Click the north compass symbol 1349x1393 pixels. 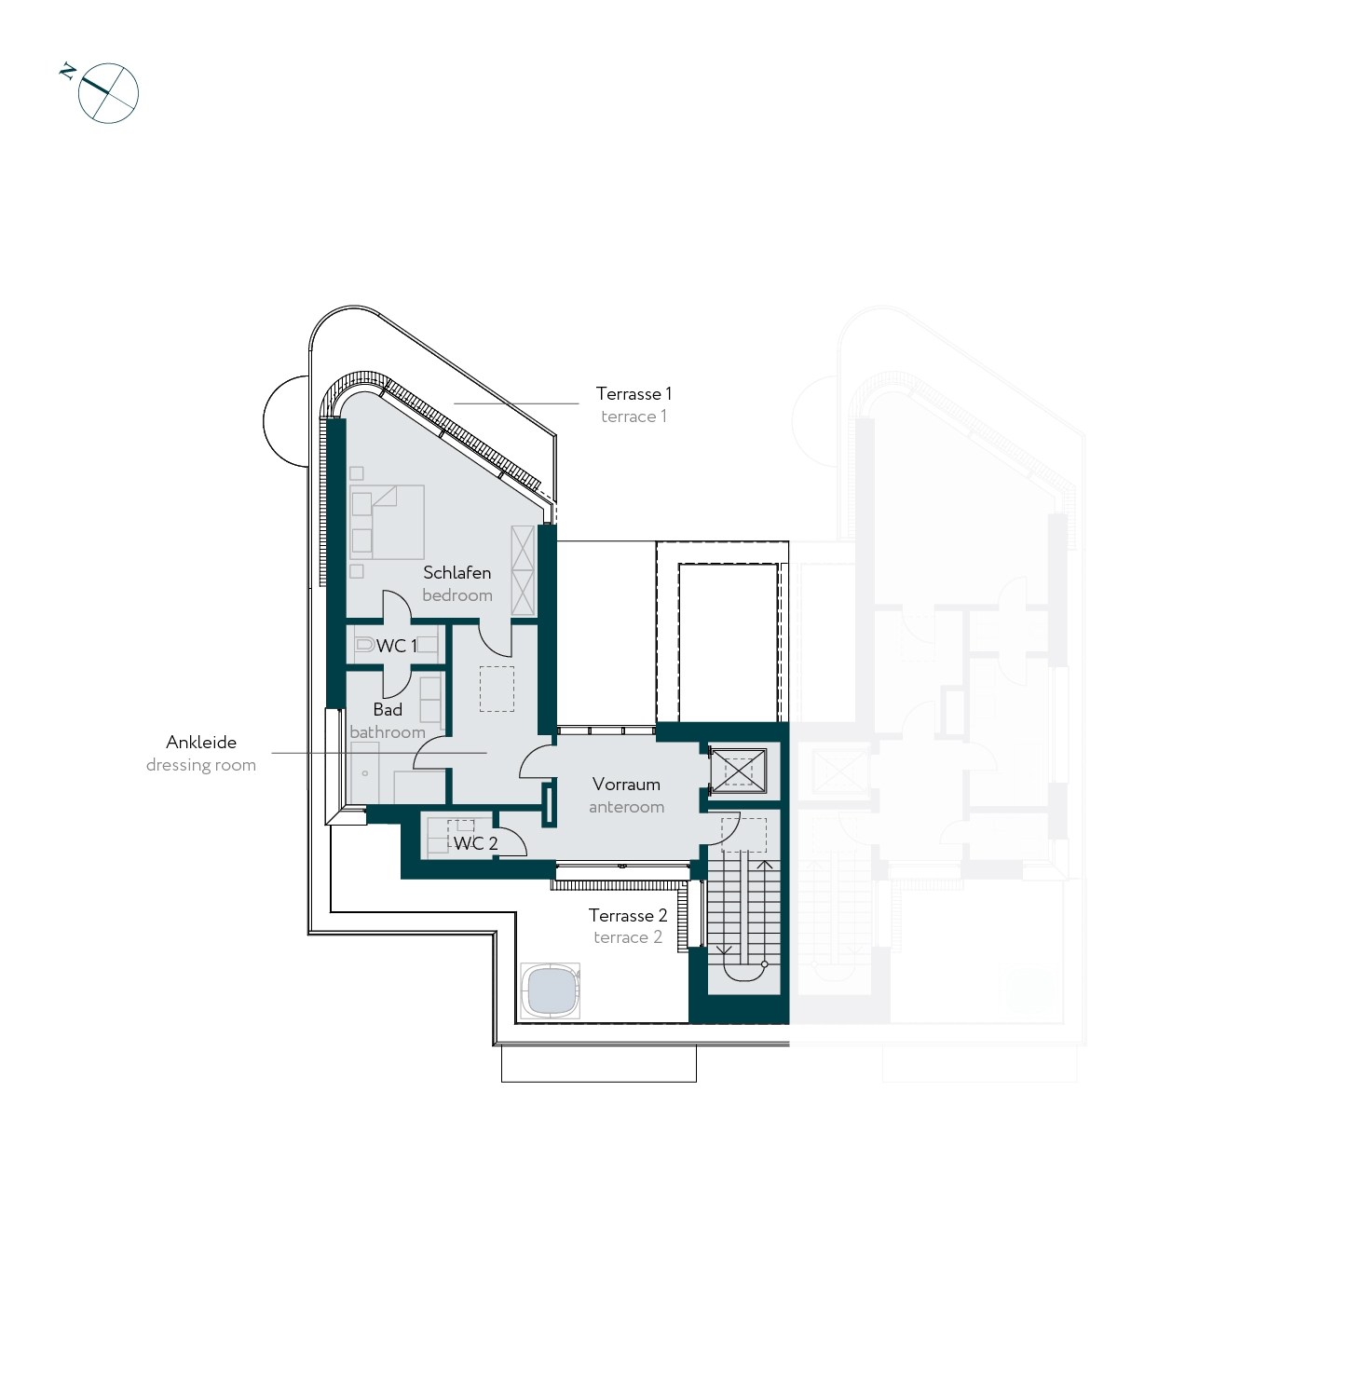click(x=102, y=91)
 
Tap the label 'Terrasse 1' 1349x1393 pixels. click(x=634, y=394)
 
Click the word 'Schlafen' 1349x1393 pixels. click(x=456, y=573)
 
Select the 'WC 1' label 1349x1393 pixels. click(x=397, y=646)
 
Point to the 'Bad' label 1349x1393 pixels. click(x=388, y=710)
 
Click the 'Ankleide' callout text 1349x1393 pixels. click(x=201, y=743)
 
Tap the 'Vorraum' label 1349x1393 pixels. click(x=626, y=785)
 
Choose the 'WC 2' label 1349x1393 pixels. click(x=475, y=843)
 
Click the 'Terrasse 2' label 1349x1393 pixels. click(x=628, y=916)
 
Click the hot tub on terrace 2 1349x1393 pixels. click(x=551, y=990)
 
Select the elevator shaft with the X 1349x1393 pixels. click(x=738, y=772)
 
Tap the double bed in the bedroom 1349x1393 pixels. click(x=388, y=522)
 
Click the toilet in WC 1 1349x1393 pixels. click(x=364, y=644)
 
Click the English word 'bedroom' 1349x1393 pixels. click(x=457, y=595)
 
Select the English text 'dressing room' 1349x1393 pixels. click(x=201, y=766)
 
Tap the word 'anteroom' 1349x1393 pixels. click(x=626, y=807)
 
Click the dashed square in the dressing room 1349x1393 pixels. click(x=497, y=689)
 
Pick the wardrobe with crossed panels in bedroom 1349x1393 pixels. click(x=523, y=570)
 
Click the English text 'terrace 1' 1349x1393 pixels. click(x=634, y=417)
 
